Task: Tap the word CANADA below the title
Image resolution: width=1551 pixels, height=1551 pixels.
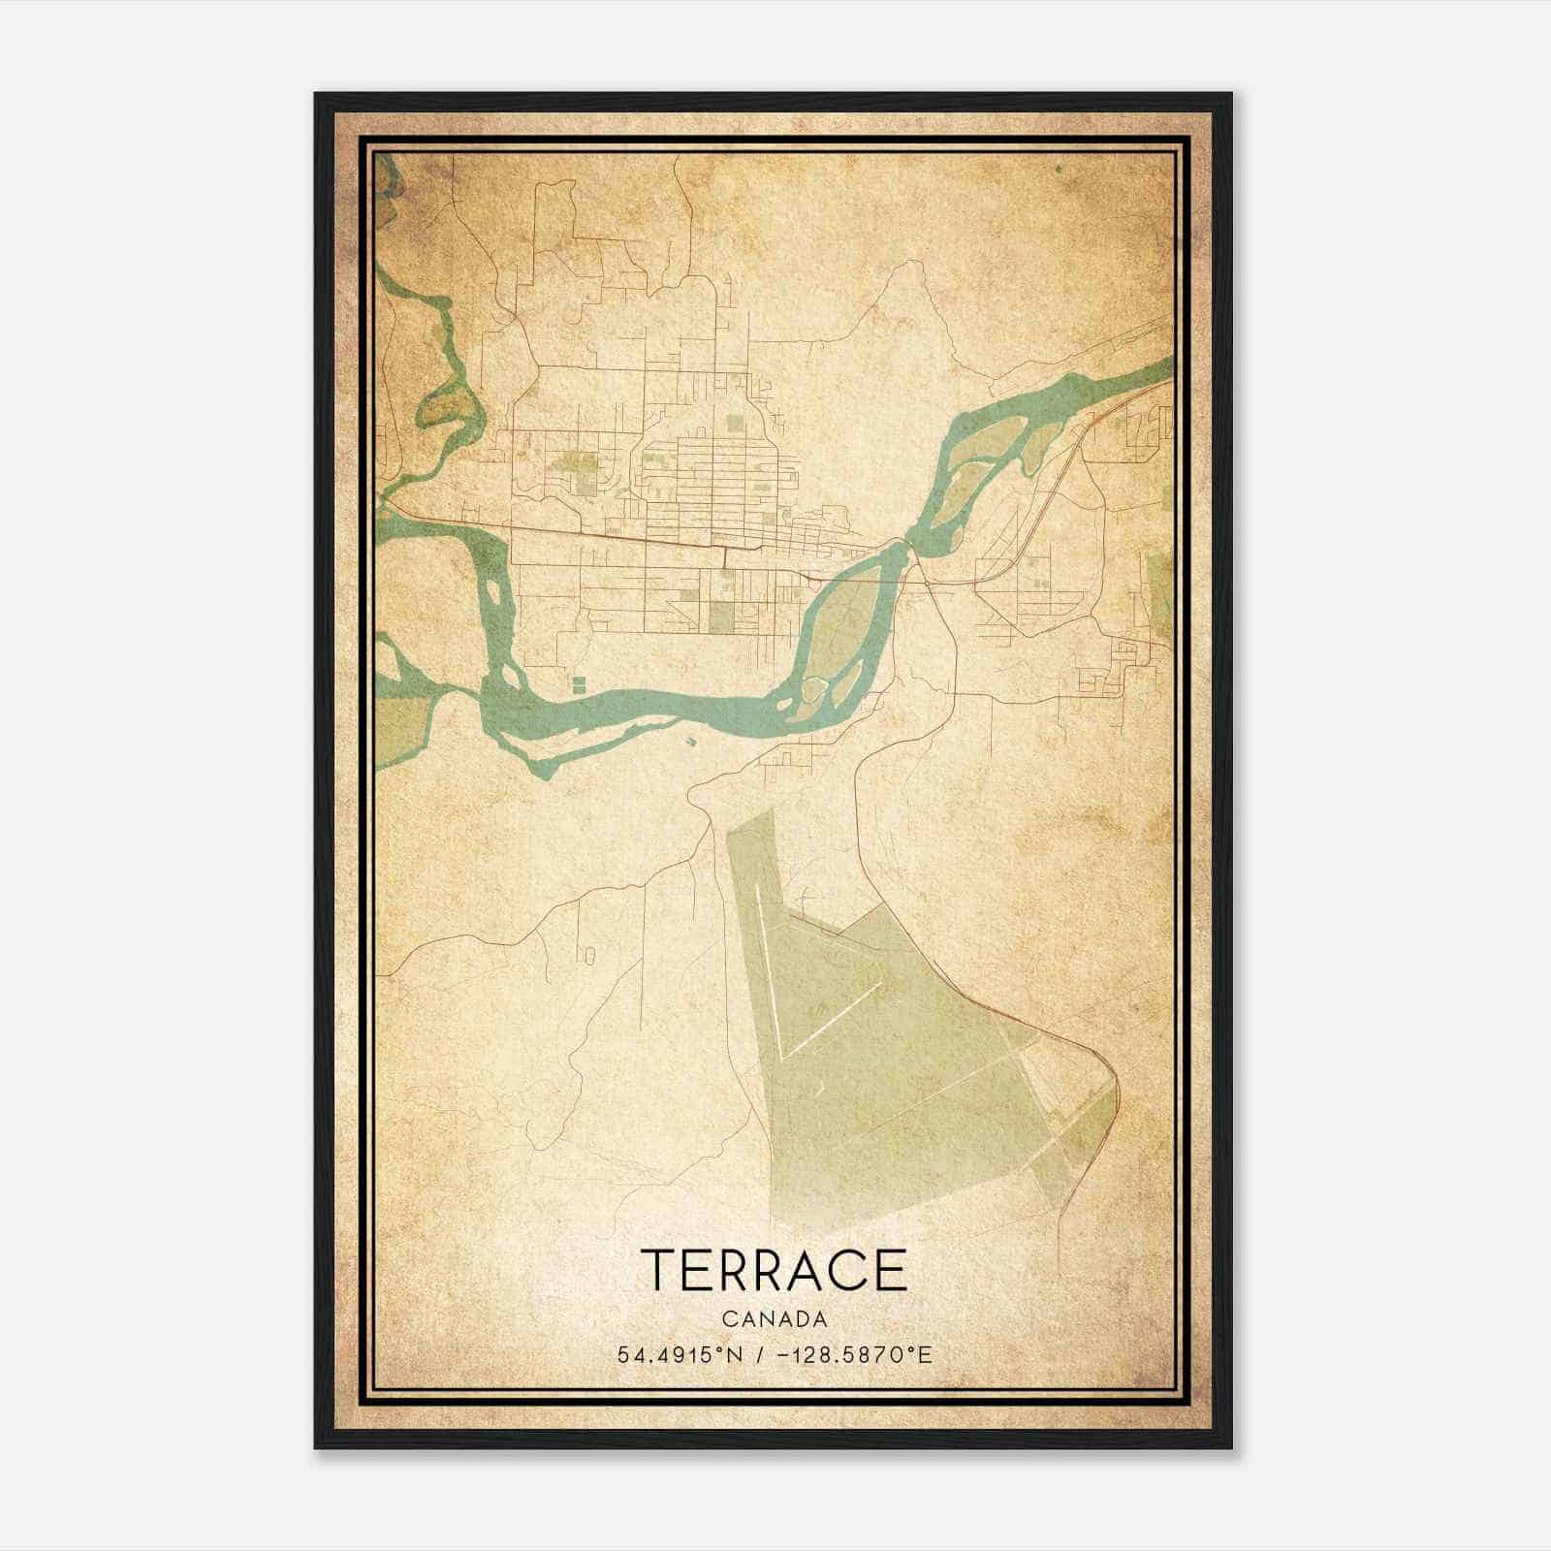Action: [774, 1319]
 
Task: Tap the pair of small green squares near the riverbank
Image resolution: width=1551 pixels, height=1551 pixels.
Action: [579, 684]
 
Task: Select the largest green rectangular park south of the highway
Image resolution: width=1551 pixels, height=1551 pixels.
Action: [721, 617]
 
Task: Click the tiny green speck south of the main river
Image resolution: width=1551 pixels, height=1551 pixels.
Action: [690, 742]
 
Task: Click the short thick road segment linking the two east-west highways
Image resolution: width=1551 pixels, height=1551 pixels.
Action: [725, 558]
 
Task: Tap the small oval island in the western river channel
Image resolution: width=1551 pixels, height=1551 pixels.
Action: [493, 589]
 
